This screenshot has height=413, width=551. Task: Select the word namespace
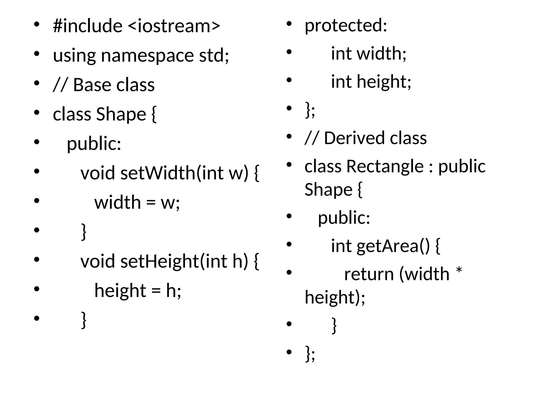[x=147, y=55]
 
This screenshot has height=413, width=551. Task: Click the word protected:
[x=346, y=26]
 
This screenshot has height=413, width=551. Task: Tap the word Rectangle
[x=385, y=166]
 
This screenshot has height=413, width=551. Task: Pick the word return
[x=369, y=274]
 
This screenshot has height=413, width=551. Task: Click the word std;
[x=214, y=55]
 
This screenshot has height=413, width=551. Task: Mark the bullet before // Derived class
[x=289, y=136]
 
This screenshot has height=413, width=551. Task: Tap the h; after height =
[x=174, y=291]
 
